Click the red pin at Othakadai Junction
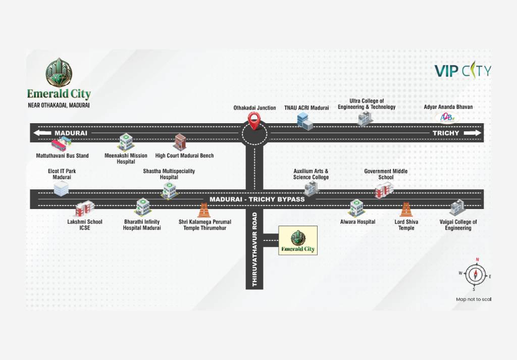point(255,120)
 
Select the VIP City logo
point(462,71)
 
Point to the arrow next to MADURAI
point(42,133)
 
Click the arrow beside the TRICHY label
point(473,133)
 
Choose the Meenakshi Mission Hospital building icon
point(126,142)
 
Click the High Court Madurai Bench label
point(184,156)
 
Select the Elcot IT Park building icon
point(61,188)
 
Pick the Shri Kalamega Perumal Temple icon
point(204,211)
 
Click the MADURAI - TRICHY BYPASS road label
point(257,199)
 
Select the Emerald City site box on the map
point(298,240)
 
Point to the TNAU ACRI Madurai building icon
point(305,121)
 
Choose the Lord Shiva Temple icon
point(405,210)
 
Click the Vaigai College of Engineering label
point(458,225)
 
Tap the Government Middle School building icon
point(383,191)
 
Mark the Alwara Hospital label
point(357,222)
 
